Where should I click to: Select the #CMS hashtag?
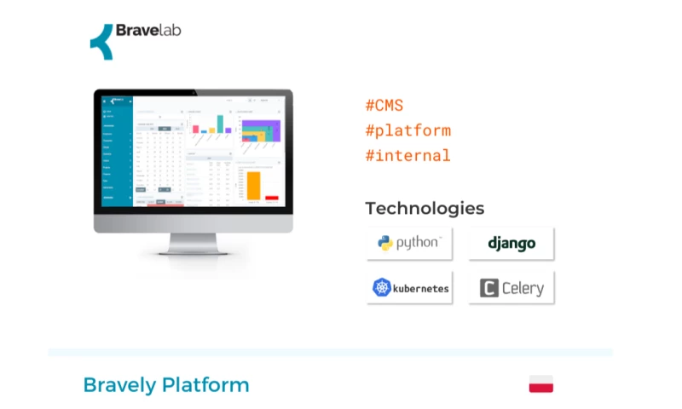click(384, 106)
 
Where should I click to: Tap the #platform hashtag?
click(407, 130)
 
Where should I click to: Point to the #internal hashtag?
click(407, 155)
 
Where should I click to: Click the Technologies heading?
click(425, 208)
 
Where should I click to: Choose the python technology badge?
click(409, 243)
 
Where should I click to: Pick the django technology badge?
click(511, 243)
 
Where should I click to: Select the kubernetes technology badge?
click(409, 288)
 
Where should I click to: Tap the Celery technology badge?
click(511, 288)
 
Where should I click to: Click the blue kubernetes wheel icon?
click(381, 288)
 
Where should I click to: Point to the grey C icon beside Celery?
click(488, 288)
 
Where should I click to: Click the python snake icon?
click(384, 243)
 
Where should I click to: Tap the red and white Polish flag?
click(540, 384)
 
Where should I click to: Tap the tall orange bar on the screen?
click(252, 184)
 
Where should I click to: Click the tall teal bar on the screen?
click(220, 124)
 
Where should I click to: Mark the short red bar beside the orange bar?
click(271, 198)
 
